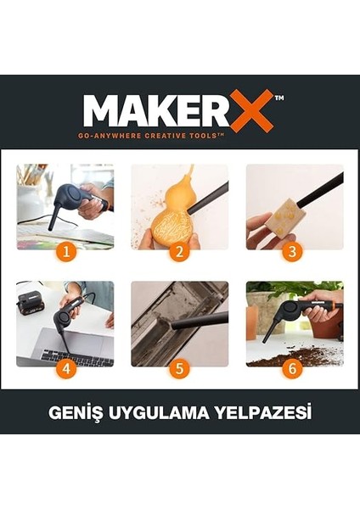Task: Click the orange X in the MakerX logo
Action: pyautogui.click(x=251, y=111)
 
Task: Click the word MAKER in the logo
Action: pyautogui.click(x=157, y=111)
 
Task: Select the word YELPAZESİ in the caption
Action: pyautogui.click(x=262, y=414)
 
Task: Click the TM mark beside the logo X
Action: pyautogui.click(x=279, y=98)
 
